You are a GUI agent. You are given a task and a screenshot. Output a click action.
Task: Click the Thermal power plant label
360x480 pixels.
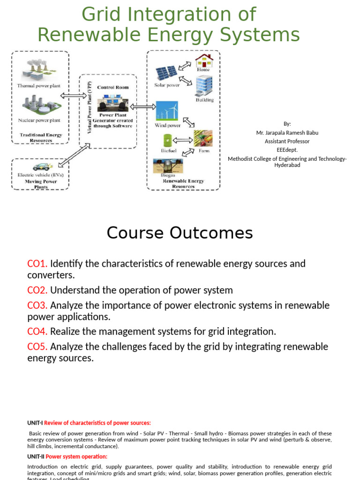click(38, 86)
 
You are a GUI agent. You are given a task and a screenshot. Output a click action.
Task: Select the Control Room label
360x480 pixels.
click(112, 87)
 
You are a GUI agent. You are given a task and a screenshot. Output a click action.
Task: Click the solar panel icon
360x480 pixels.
click(166, 73)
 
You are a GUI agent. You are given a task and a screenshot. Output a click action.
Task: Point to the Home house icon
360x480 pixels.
click(204, 60)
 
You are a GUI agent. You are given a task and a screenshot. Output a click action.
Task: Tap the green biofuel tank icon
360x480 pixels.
click(167, 140)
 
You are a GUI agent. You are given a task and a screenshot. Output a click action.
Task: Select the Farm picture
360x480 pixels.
click(203, 139)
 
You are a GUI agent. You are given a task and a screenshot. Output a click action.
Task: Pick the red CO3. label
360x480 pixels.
click(37, 306)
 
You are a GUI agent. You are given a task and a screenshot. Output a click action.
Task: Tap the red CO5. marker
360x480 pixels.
click(37, 347)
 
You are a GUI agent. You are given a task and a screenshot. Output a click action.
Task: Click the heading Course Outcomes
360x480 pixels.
click(180, 233)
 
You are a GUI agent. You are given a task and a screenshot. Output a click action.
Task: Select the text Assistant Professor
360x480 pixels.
click(287, 141)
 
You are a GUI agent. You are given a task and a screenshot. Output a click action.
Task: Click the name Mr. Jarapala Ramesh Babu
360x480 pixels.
click(287, 133)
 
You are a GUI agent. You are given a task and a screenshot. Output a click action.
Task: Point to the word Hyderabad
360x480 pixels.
click(287, 165)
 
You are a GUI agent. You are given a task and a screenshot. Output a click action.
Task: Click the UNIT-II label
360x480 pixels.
click(36, 457)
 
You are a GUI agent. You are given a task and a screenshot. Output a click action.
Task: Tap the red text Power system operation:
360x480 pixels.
click(76, 457)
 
